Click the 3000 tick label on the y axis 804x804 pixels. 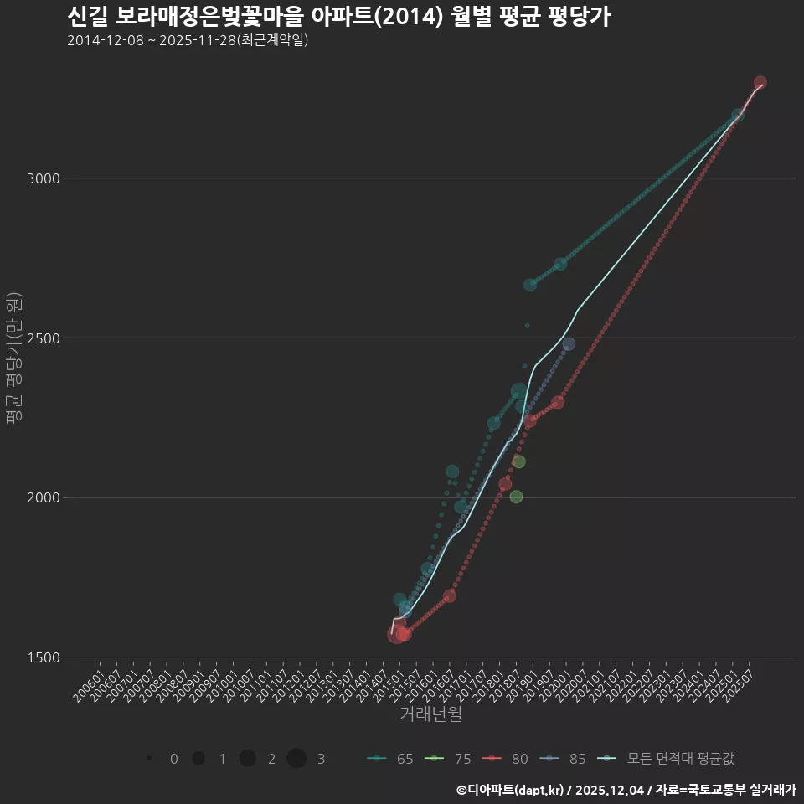[x=43, y=178]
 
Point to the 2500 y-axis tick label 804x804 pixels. [x=43, y=338]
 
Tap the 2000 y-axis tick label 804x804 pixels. [x=43, y=497]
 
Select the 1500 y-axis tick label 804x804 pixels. [x=43, y=657]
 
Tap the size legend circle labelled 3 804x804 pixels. [x=296, y=759]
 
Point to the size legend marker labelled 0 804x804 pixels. [x=149, y=759]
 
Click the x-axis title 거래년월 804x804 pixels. [x=430, y=714]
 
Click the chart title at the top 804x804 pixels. [x=338, y=17]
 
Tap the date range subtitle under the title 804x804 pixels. [x=188, y=40]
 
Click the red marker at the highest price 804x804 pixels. [x=760, y=83]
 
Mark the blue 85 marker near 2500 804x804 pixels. [x=569, y=344]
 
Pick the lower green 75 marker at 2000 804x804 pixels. [x=516, y=497]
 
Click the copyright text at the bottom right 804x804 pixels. [x=626, y=789]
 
